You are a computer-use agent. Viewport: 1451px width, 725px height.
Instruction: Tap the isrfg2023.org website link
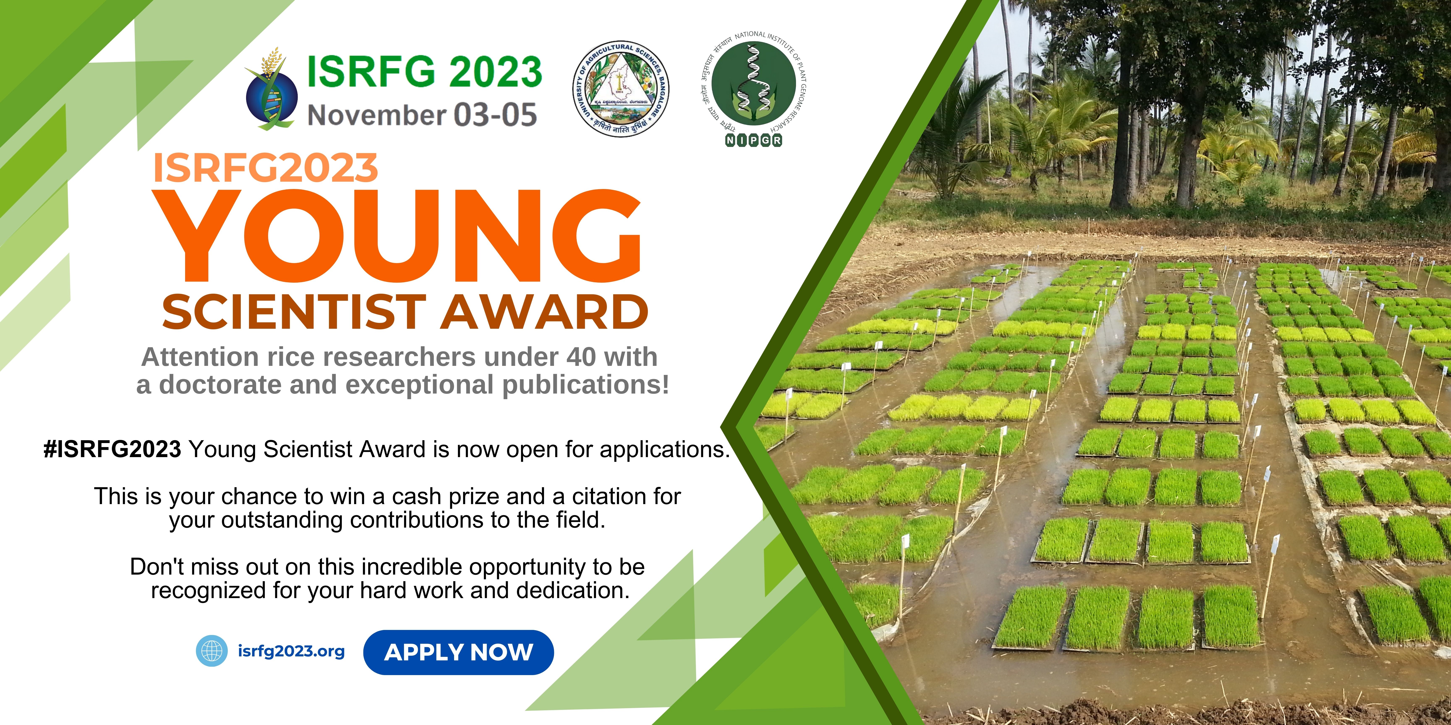[x=291, y=651]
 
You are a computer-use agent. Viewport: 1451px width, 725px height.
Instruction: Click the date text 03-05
[x=496, y=115]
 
